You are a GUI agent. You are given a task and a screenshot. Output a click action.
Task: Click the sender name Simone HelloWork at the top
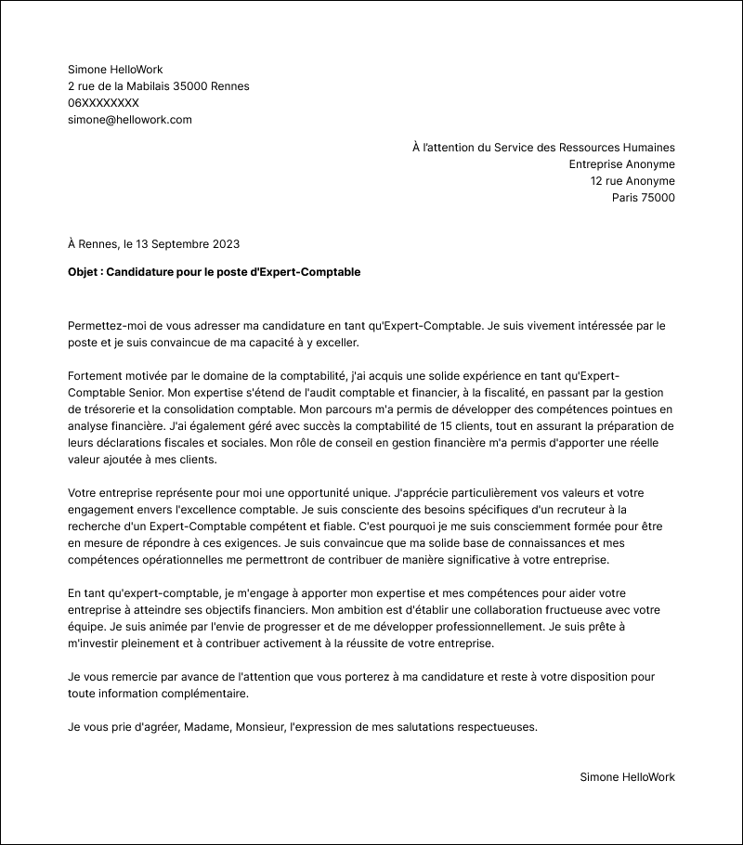[x=115, y=70]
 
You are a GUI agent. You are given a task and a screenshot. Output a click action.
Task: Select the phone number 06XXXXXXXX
[x=103, y=103]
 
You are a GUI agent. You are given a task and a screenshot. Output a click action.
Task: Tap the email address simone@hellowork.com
[x=129, y=120]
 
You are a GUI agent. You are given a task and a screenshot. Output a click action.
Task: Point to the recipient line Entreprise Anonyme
[x=621, y=164]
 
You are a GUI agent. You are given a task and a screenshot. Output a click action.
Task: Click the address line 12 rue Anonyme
[x=632, y=181]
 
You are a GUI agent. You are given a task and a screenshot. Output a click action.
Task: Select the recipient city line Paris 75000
[x=643, y=198]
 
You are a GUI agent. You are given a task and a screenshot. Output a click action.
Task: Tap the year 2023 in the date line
[x=226, y=244]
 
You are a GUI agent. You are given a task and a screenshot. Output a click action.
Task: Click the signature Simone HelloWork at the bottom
[x=627, y=777]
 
